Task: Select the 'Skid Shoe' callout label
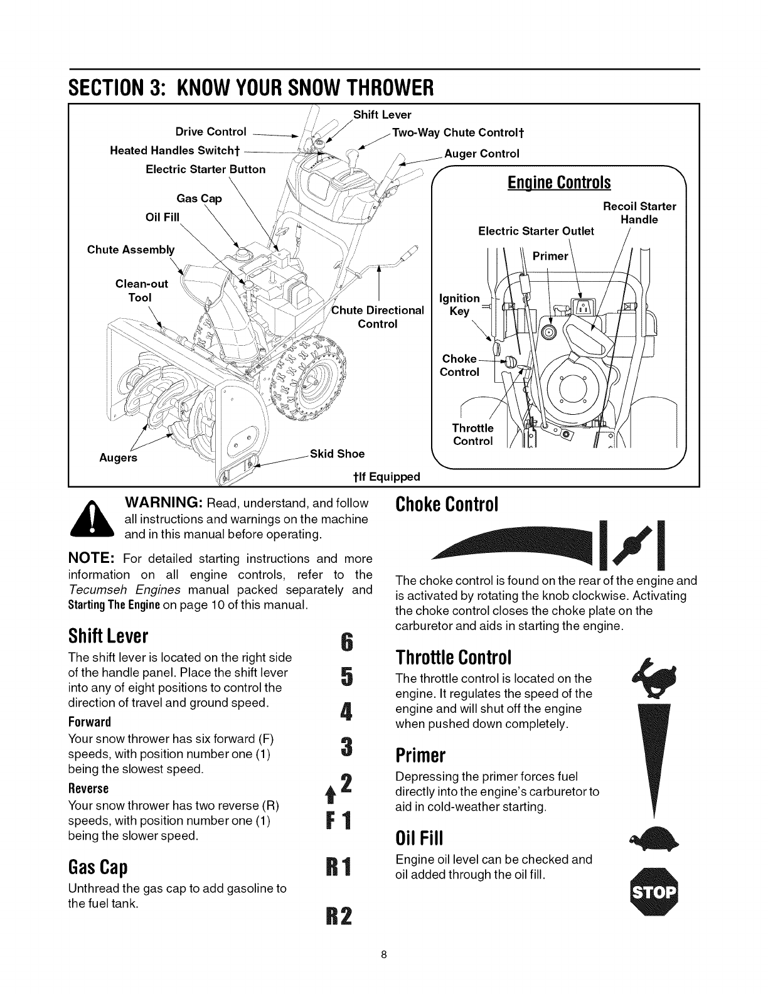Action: (x=338, y=454)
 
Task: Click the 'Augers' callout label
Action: (x=119, y=457)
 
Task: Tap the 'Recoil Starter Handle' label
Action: (x=639, y=213)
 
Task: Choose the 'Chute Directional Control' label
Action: (x=378, y=317)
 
